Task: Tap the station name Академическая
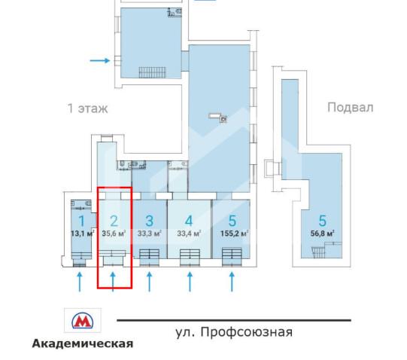(x=82, y=343)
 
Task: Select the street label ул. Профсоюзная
(x=233, y=331)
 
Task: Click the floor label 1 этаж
(x=87, y=108)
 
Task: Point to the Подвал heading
(x=350, y=107)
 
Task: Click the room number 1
(x=80, y=221)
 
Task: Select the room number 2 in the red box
(x=114, y=221)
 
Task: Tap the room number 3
(x=149, y=221)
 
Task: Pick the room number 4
(x=189, y=221)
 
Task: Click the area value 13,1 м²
(x=80, y=233)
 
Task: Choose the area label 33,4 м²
(x=189, y=233)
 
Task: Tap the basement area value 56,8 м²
(x=322, y=233)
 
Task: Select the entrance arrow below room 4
(x=189, y=282)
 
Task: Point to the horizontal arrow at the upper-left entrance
(x=99, y=59)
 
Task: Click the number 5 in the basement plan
(x=322, y=221)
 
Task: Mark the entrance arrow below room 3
(x=149, y=282)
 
